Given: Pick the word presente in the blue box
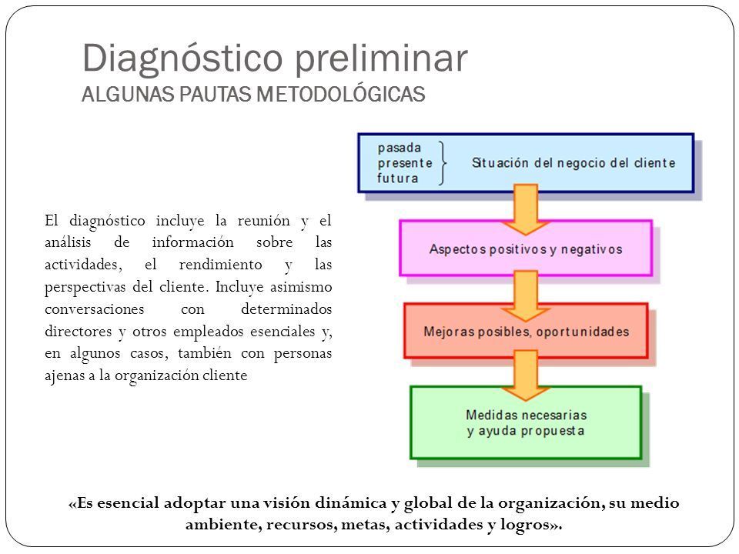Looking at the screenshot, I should (403, 162).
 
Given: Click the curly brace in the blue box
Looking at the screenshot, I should (443, 162).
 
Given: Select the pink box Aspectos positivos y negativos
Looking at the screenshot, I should (525, 249).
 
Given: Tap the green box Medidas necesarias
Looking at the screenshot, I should (526, 422).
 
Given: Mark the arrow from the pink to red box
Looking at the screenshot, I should (525, 292).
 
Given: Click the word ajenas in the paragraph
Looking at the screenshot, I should (63, 375).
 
